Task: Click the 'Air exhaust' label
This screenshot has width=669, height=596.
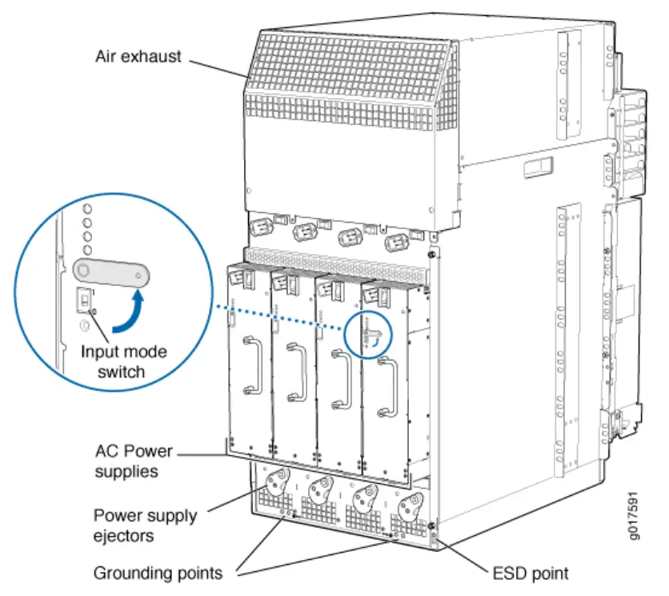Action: pos(139,57)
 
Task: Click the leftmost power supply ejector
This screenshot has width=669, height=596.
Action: pos(270,483)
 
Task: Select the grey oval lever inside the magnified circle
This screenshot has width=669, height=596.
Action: pos(110,272)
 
